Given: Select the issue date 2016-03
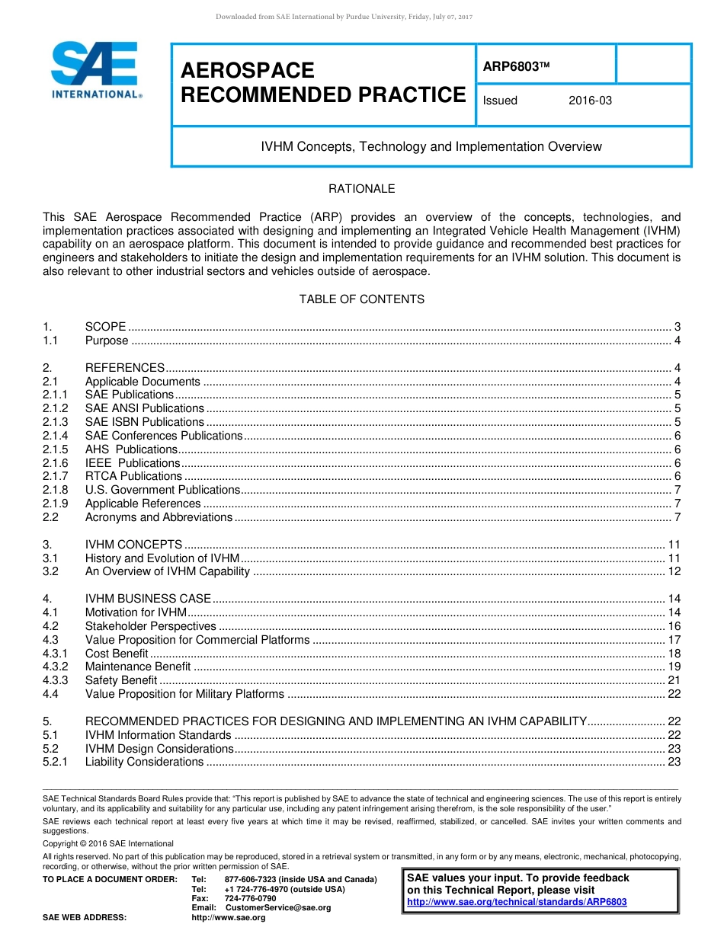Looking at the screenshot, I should [x=590, y=101].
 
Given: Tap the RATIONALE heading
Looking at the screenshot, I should [x=361, y=189].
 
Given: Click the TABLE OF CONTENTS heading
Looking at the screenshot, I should [x=361, y=299].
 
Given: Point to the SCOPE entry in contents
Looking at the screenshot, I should [x=106, y=327].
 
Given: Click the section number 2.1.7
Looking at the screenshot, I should [x=56, y=476].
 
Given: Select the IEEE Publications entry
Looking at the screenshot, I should [x=133, y=462].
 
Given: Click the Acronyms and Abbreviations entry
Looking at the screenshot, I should [x=159, y=517].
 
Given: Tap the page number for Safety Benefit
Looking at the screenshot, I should [x=674, y=680].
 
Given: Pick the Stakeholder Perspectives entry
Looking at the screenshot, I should [x=151, y=626].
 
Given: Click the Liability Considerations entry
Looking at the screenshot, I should [x=145, y=762].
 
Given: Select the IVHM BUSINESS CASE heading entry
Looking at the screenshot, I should [x=148, y=599].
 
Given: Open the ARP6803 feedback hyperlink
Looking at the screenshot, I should [x=517, y=902].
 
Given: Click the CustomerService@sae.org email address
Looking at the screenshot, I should [x=278, y=907].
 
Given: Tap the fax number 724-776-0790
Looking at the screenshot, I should [x=250, y=898].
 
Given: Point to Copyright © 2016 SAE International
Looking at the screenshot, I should [x=107, y=843].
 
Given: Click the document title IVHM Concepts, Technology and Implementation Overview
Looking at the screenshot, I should [x=431, y=146].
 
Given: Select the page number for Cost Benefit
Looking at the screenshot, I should [x=674, y=654].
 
